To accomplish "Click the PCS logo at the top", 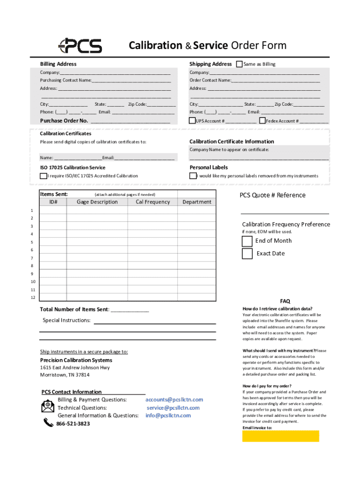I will click(80, 45).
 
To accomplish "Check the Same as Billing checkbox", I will click(239, 64).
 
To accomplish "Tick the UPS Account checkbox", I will click(192, 121).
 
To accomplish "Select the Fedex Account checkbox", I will click(262, 121).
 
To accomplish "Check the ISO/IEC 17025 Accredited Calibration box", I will click(43, 176).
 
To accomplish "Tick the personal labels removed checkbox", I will click(193, 176).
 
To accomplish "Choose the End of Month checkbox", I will click(247, 241).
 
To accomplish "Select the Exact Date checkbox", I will click(247, 254).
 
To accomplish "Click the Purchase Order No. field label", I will click(64, 121).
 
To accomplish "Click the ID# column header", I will click(53, 202).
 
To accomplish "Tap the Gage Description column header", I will click(97, 202).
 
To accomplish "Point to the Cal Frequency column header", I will click(153, 202).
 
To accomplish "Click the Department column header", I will click(197, 202).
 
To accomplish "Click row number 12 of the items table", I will click(33, 298).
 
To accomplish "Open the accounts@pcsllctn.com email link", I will click(174, 400).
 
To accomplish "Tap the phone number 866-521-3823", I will click(73, 424).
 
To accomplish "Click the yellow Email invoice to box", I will click(281, 436).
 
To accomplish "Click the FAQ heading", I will click(285, 301).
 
